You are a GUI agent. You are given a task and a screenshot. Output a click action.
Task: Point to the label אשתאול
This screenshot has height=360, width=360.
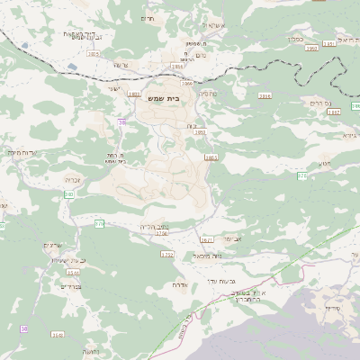click(217, 25)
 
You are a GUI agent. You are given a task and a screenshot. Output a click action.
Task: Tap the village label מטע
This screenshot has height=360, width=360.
click(324, 164)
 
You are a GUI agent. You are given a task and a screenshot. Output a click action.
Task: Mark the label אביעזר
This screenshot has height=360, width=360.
click(233, 238)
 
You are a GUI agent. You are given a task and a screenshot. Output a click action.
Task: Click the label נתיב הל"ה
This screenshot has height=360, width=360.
click(155, 226)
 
